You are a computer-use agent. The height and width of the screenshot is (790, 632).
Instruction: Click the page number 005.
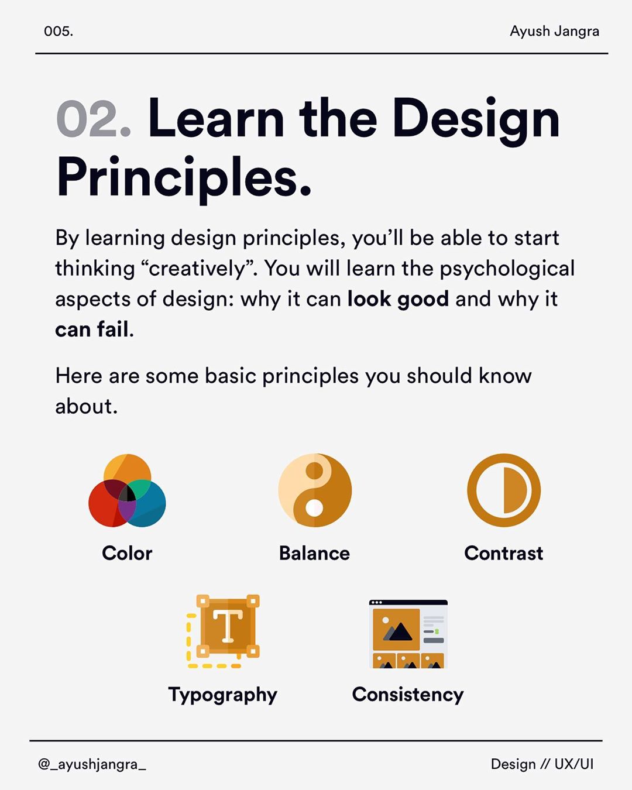[59, 31]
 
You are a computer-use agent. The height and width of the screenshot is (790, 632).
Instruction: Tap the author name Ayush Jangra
[555, 32]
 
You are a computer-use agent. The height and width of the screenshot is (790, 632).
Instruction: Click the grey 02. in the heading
[94, 119]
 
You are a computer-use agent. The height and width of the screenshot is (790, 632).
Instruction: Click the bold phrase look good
[398, 299]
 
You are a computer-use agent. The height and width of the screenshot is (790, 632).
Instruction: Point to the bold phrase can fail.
[94, 329]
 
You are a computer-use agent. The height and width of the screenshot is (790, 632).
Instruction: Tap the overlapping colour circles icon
[127, 490]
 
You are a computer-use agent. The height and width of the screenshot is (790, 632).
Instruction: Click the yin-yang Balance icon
[315, 490]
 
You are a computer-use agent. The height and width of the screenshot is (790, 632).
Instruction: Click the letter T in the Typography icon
[228, 626]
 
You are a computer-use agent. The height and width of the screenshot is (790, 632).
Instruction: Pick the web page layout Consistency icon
[408, 634]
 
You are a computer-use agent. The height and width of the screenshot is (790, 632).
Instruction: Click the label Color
[127, 553]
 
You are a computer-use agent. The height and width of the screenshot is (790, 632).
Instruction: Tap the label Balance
[314, 553]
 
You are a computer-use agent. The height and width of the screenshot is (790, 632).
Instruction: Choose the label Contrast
[503, 553]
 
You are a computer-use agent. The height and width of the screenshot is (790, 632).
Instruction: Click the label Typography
[222, 695]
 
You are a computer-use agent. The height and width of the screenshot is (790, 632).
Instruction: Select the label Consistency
[408, 695]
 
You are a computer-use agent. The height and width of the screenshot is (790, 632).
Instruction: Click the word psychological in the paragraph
[507, 269]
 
